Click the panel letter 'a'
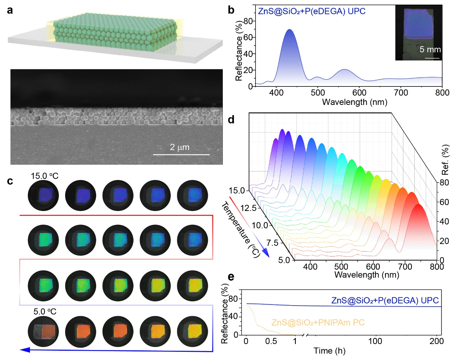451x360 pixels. (10, 10)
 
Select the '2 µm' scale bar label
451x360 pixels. (179, 147)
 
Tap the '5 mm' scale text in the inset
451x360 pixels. (430, 49)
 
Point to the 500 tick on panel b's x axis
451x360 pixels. (318, 93)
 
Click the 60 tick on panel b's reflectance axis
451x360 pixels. (248, 37)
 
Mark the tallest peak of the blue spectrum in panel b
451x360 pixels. (290, 30)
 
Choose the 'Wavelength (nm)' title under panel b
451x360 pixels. (354, 102)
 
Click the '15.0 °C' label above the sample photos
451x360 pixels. (44, 176)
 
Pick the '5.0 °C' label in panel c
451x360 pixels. (45, 312)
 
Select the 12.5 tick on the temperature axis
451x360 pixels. (248, 208)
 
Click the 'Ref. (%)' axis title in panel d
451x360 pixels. (445, 160)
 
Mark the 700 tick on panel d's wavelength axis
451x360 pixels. (405, 266)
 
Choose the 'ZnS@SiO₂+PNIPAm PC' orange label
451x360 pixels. (318, 323)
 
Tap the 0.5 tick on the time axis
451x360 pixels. (271, 341)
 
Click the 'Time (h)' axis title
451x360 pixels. (329, 351)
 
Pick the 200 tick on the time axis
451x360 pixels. (436, 341)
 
